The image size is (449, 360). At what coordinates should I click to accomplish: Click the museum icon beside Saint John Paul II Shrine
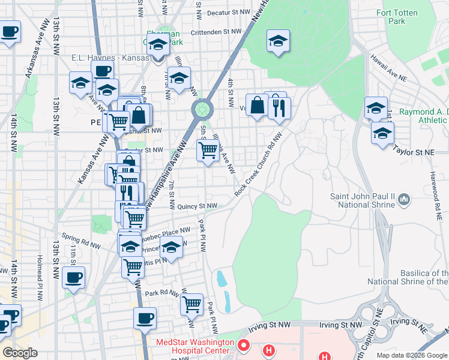(x=404, y=198)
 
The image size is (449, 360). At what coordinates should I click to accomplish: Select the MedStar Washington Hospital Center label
(x=195, y=346)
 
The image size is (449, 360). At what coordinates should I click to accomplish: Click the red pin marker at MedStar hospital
(x=243, y=346)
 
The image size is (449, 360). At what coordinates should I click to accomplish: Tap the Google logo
(x=20, y=352)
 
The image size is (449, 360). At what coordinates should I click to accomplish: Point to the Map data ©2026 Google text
(x=411, y=355)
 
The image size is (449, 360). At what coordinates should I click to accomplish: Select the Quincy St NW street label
(x=196, y=206)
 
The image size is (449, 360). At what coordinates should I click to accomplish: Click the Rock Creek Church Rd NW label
(x=258, y=166)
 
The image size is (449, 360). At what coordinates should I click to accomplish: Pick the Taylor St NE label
(x=414, y=152)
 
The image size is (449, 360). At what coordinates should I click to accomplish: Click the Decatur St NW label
(x=228, y=12)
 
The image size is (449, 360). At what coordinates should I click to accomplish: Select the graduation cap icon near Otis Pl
(x=171, y=247)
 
